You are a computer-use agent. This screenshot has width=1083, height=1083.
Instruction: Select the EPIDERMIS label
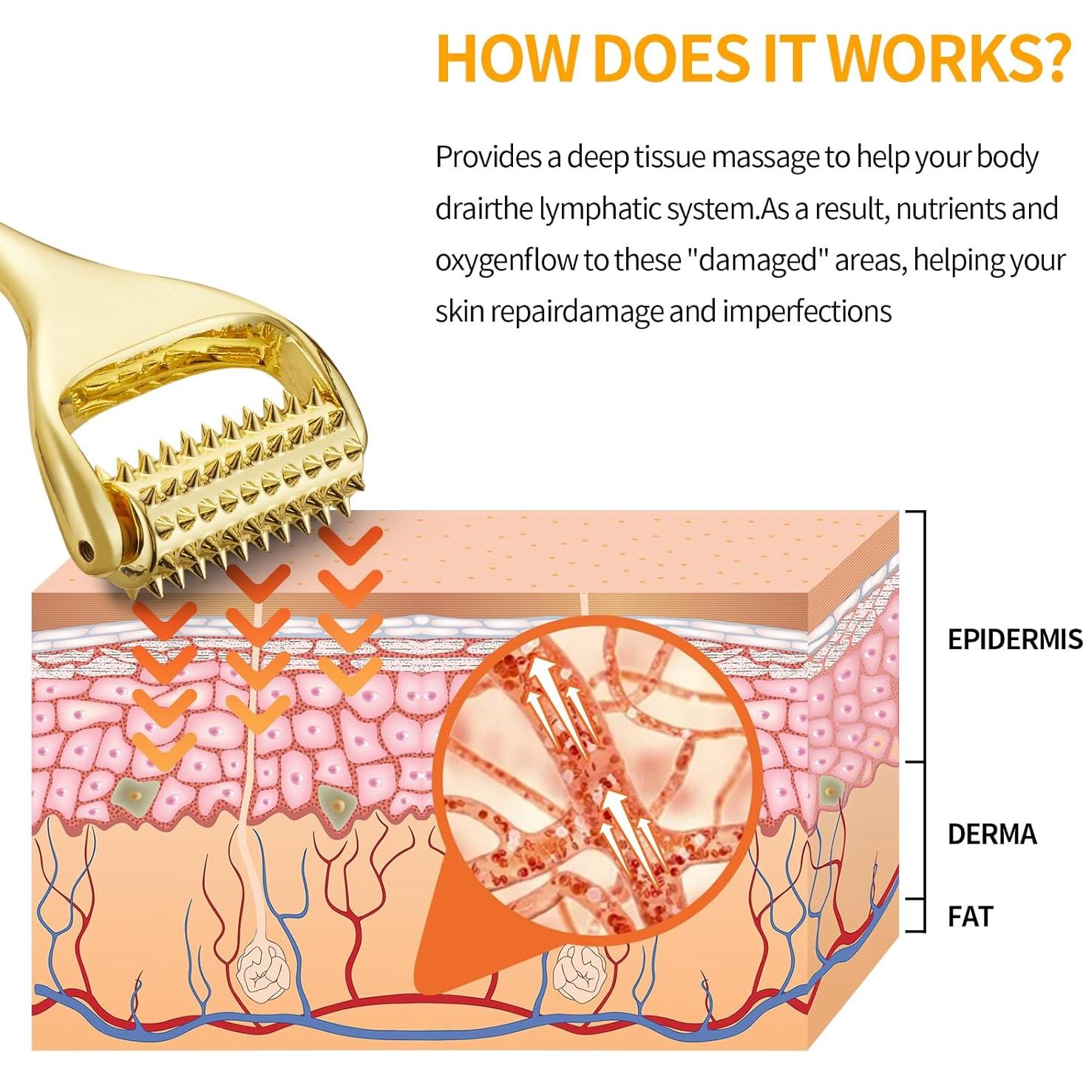(x=1014, y=639)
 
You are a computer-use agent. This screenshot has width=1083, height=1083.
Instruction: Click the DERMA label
(x=991, y=834)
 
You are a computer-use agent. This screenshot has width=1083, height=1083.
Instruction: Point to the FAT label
(x=969, y=917)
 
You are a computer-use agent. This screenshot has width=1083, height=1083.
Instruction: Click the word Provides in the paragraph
(x=488, y=157)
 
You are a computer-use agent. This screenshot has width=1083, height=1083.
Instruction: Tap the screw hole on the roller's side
(x=87, y=548)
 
